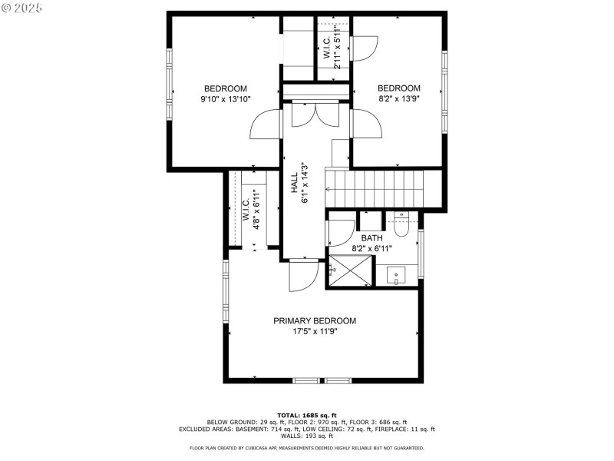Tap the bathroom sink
click(396, 274)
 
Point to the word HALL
click(295, 181)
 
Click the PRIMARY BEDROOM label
click(315, 320)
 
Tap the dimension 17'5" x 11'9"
click(315, 332)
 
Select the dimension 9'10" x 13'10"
click(225, 100)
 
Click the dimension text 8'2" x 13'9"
click(398, 98)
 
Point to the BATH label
click(371, 238)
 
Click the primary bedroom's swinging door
click(303, 277)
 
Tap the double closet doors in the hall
click(316, 115)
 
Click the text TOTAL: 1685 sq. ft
click(306, 416)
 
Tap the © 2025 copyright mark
click(23, 7)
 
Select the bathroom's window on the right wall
click(421, 254)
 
